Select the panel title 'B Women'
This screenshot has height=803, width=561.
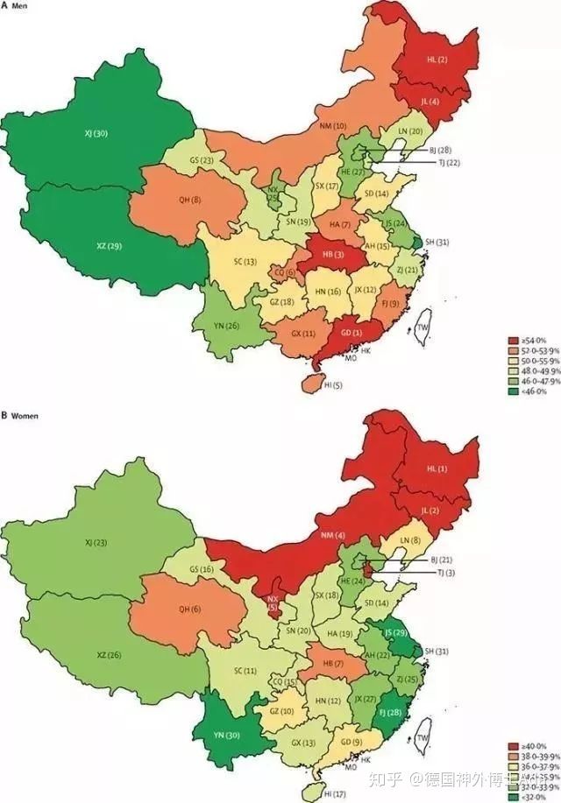point(23,413)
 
